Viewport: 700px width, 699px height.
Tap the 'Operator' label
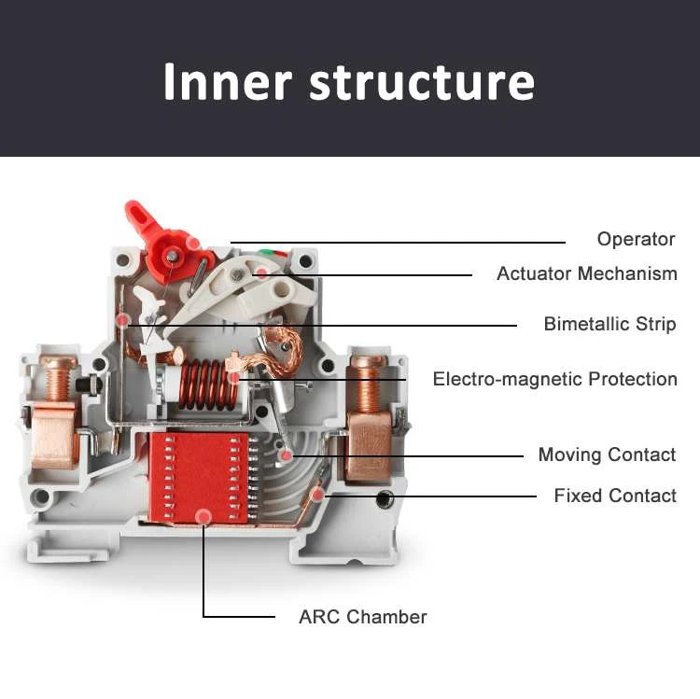pos(636,239)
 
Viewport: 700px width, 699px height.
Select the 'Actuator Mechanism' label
pos(586,273)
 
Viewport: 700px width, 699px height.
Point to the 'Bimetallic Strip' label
pos(609,324)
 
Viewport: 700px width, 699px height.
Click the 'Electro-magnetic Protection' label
pos(554,379)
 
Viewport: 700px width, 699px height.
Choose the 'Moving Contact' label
pos(607,454)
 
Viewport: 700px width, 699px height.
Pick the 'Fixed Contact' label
pos(615,495)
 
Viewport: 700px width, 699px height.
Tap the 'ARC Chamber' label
pos(362,616)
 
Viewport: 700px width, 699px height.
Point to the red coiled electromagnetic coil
pos(202,384)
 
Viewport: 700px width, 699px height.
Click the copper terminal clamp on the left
pos(55,433)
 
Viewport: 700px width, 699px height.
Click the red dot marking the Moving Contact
pos(287,455)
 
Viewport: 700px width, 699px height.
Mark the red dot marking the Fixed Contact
pos(318,495)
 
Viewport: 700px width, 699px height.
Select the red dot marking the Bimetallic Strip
pos(122,321)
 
